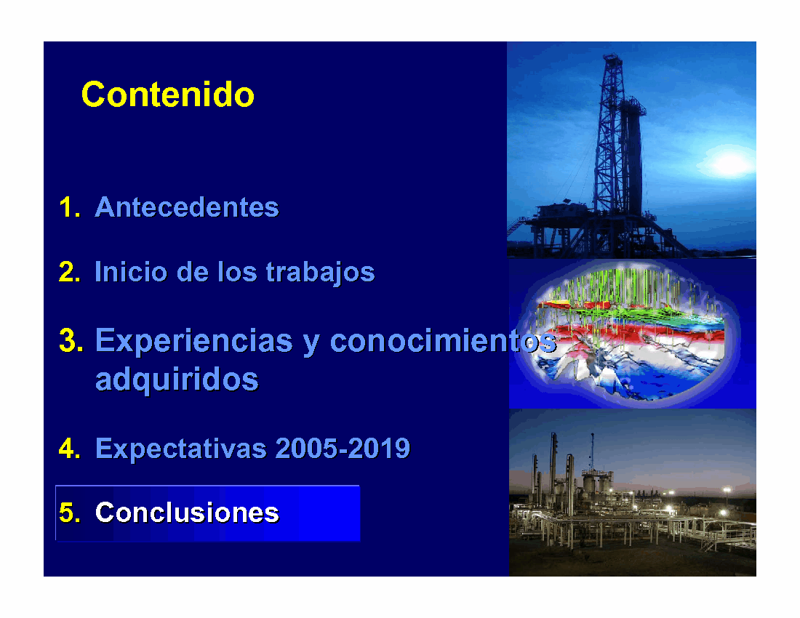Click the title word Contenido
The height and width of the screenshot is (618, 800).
pos(168,95)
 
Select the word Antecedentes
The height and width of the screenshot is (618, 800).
pos(187,207)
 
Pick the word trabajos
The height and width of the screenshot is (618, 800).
pos(321,273)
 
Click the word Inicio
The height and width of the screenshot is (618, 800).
pos(131,271)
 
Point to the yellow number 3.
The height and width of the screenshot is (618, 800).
pos(71,340)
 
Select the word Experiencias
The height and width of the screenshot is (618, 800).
pos(194,341)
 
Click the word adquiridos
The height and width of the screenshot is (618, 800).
pos(177,380)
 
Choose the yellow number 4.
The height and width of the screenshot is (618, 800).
pos(69,449)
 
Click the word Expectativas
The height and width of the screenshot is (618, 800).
pos(181,449)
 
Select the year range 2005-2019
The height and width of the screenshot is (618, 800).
pos(343,449)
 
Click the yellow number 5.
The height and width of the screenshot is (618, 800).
pos(69,513)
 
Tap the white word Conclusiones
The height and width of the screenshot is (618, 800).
pos(187,513)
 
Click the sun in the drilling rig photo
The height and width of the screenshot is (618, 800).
pos(729,162)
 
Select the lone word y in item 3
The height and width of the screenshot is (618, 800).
pos(311,344)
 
